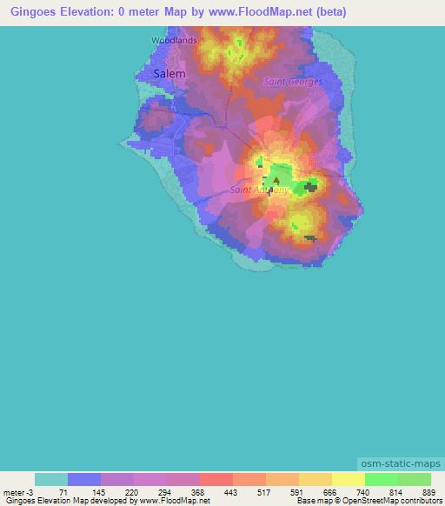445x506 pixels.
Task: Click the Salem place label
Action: coord(169,74)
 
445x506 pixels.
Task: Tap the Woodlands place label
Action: coord(174,40)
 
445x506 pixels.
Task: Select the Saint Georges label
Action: coord(293,82)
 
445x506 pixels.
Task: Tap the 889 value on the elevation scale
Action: coord(428,491)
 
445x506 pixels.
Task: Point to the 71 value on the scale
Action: coord(63,491)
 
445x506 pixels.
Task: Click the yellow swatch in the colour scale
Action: coord(348,479)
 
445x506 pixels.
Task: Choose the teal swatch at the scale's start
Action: coord(51,479)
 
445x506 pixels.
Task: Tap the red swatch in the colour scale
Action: coord(216,479)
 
